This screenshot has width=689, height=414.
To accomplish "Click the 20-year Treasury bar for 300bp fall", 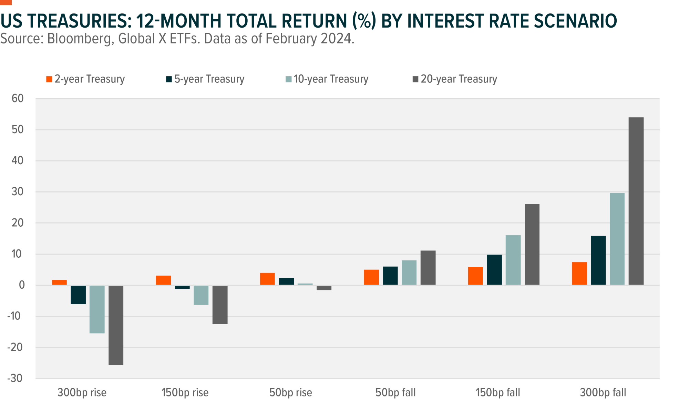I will point(636,201).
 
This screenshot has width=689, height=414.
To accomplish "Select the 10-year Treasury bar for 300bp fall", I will point(617,239).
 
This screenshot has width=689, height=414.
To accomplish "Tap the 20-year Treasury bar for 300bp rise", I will point(116,325).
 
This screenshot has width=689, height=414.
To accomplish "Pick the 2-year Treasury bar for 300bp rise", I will point(59,282).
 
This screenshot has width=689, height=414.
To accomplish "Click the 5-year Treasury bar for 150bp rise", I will point(182,287).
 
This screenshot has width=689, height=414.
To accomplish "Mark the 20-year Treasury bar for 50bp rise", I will point(324,288).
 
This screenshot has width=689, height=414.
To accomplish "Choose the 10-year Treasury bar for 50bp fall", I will point(409,273).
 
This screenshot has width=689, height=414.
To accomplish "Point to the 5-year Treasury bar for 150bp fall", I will point(494,270).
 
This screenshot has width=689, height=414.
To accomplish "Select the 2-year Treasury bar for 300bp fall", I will point(579,274).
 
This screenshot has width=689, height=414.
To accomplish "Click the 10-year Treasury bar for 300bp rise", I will point(97,309).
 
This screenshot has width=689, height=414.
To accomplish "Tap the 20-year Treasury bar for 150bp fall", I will point(532,244).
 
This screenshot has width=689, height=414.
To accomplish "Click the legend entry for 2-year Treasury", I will point(85,79).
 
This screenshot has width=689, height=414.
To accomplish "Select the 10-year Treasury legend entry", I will point(327,79).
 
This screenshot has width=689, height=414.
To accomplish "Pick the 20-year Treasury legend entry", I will point(455,79).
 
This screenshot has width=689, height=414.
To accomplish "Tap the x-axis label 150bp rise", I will point(185,393).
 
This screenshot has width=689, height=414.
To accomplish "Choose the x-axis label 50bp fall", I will point(395,393).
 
